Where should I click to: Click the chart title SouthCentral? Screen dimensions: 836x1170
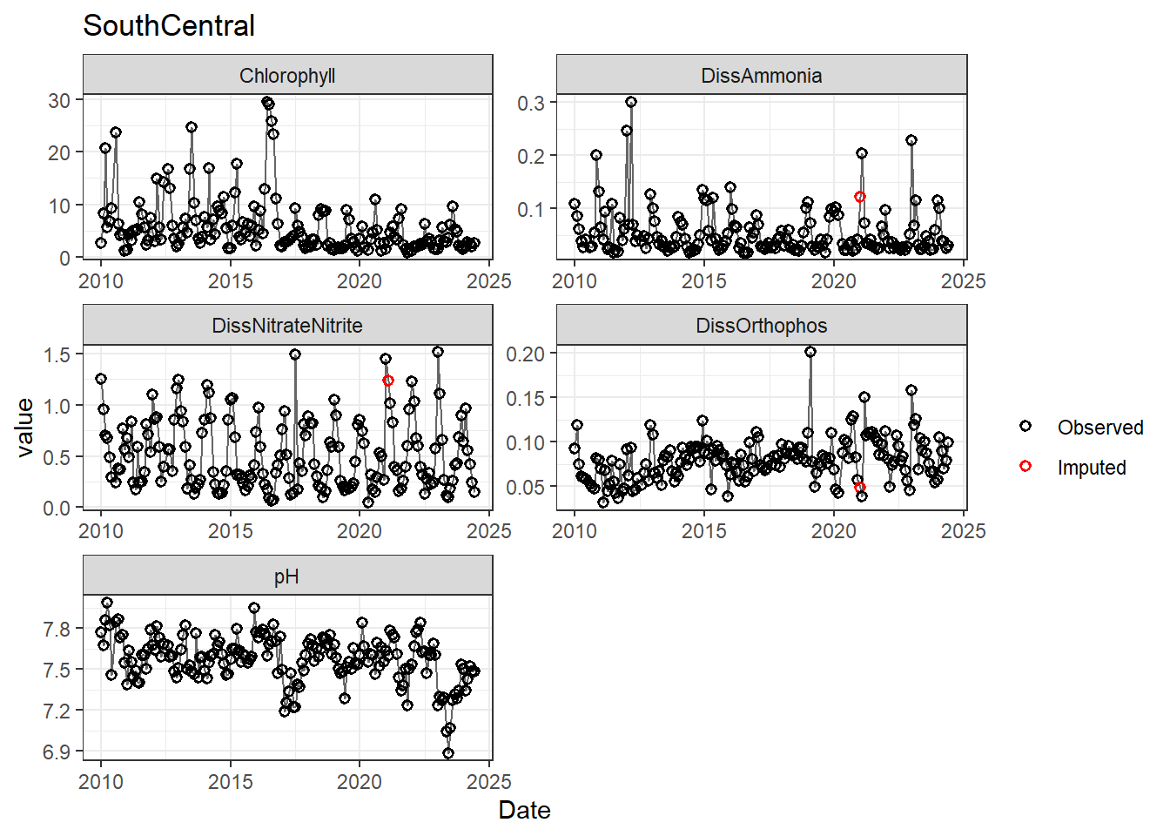(169, 26)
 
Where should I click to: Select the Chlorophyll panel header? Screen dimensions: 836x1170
(287, 76)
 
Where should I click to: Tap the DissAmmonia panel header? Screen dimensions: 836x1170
(762, 76)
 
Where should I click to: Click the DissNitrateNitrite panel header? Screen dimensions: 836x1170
(287, 326)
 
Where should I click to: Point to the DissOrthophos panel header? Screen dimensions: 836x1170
(762, 326)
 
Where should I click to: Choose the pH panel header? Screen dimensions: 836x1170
(287, 576)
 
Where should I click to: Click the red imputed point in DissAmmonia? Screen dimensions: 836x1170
(860, 197)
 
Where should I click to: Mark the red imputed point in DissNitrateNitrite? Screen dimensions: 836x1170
(388, 381)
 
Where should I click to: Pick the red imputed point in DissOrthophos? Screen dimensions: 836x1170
(860, 488)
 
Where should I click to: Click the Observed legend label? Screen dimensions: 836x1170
(1100, 428)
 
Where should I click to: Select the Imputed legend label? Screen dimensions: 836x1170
(1092, 468)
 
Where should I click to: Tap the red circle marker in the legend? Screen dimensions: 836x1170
(1025, 467)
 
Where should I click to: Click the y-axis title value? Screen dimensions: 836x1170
(25, 427)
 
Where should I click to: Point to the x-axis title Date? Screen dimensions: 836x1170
(524, 811)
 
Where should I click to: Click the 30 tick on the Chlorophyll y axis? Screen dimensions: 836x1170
(59, 100)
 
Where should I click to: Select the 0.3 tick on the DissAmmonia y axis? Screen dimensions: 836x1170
(531, 103)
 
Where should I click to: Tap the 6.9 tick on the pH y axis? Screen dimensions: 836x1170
(57, 752)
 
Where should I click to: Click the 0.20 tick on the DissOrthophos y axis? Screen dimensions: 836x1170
(526, 354)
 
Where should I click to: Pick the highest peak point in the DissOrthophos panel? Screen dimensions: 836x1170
(810, 352)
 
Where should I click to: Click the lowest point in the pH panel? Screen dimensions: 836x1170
(448, 753)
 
